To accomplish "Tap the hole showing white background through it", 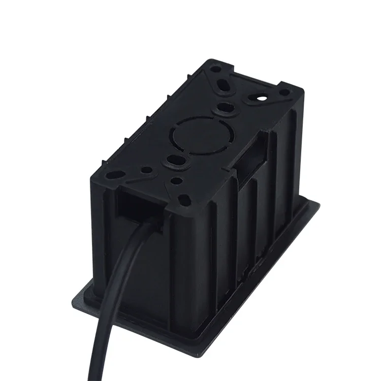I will (x=262, y=95).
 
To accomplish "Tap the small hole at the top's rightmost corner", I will (x=285, y=92).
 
